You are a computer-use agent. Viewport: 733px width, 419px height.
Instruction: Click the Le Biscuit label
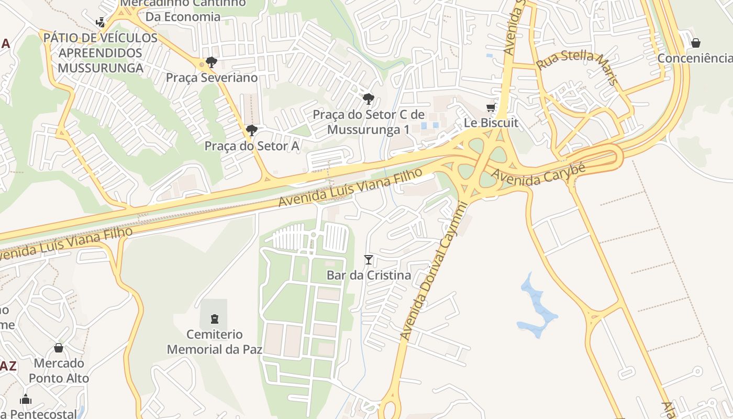(491, 123)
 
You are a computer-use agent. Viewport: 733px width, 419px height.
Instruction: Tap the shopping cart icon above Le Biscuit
(491, 108)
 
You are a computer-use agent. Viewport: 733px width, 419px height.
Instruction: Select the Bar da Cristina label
(369, 275)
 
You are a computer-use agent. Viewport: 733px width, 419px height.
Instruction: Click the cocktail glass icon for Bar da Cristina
(369, 259)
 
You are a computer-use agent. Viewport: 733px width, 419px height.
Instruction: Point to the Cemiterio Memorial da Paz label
(214, 341)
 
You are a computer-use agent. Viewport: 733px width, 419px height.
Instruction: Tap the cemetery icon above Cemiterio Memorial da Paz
(214, 318)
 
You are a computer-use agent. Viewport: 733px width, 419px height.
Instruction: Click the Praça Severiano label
(212, 78)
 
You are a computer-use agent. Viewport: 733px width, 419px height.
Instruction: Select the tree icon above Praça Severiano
(212, 63)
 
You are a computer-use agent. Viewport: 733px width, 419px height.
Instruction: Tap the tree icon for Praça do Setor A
(252, 130)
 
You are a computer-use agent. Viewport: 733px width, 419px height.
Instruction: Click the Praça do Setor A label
(252, 146)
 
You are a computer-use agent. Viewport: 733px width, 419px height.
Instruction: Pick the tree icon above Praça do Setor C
(369, 98)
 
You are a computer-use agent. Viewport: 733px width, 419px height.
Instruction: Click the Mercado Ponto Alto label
(59, 370)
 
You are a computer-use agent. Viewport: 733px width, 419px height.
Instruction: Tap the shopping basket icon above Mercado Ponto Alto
(59, 348)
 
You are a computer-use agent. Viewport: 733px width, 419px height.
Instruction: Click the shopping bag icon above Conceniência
(696, 43)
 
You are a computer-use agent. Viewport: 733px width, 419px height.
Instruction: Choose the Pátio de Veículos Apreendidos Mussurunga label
(100, 53)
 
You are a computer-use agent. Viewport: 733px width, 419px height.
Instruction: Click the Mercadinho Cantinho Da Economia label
(183, 9)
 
